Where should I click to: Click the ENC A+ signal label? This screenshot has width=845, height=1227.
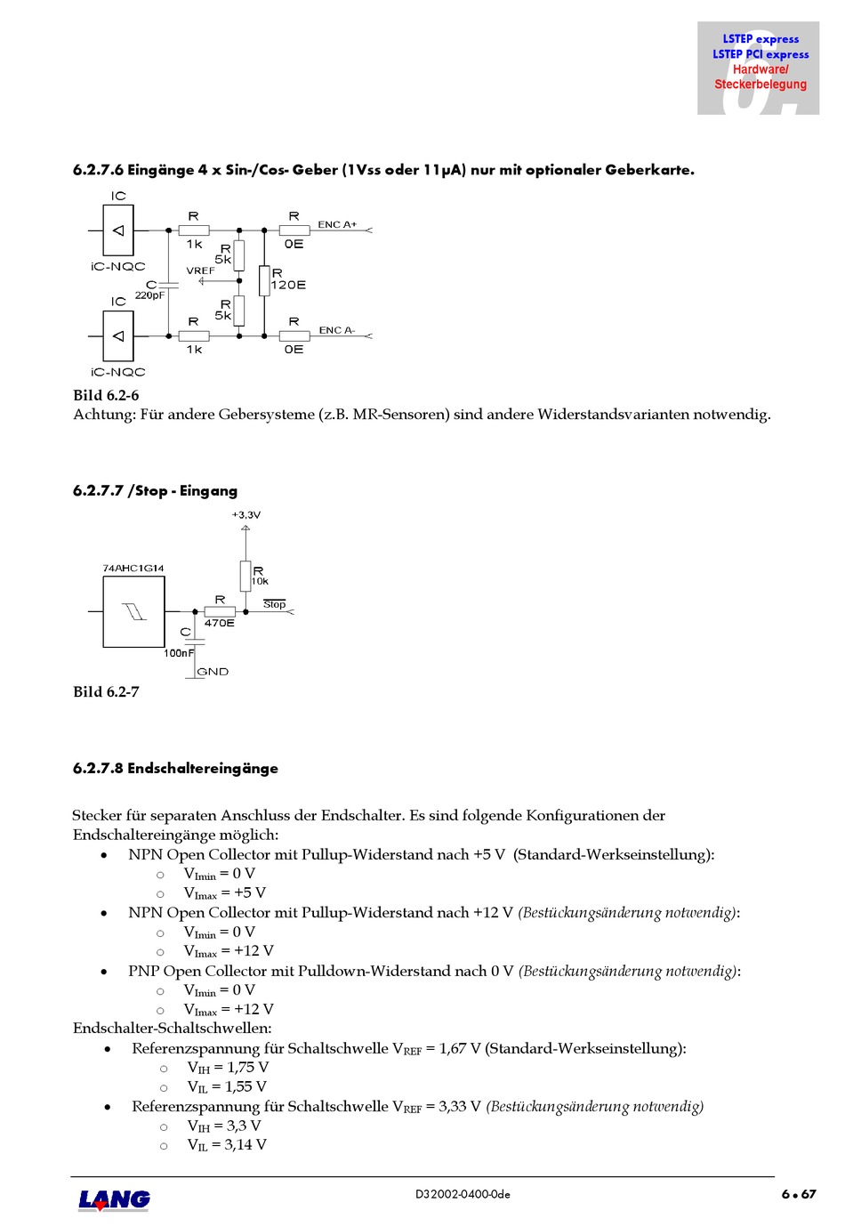[337, 224]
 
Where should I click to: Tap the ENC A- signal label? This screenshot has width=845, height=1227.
[336, 330]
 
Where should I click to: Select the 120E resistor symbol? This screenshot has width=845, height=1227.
[264, 281]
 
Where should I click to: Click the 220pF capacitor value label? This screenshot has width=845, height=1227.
[149, 295]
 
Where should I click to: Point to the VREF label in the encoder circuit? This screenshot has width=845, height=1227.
[200, 270]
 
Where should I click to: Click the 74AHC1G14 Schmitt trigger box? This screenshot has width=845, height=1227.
[133, 611]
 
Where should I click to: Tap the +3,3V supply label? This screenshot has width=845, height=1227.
[246, 515]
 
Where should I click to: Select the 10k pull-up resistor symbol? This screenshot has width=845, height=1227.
[245, 576]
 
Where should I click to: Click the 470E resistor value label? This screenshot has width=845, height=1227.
[220, 623]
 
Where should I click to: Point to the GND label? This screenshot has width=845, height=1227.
[213, 672]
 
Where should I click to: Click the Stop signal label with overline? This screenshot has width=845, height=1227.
[275, 604]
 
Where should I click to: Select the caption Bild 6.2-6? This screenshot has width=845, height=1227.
[106, 395]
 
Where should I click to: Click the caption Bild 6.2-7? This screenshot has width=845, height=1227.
[106, 691]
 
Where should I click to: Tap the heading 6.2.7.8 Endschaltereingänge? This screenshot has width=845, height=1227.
[175, 768]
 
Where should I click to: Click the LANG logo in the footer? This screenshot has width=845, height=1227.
[114, 1199]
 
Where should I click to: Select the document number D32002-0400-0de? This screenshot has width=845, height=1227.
[463, 1194]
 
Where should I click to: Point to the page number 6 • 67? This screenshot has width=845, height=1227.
[798, 1194]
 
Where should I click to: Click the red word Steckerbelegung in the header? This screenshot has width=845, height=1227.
[760, 85]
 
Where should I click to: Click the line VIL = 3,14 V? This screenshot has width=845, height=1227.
[227, 1145]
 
